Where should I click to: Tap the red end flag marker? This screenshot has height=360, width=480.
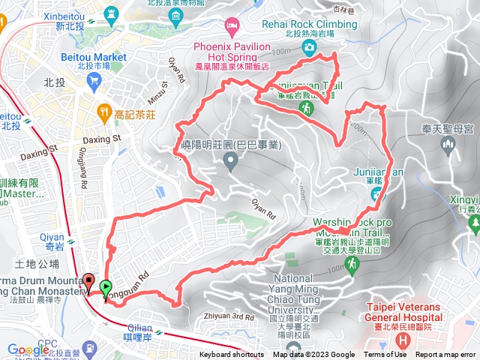click(88, 283)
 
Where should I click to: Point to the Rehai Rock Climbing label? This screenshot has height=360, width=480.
click(309, 23)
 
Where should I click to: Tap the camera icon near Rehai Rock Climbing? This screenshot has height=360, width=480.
click(309, 47)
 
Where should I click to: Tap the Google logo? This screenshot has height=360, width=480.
click(28, 349)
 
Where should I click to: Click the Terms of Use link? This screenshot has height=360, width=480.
click(385, 355)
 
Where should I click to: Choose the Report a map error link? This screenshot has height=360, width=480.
click(446, 355)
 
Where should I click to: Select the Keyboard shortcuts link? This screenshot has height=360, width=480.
click(231, 355)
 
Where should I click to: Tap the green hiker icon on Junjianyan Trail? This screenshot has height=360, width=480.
click(307, 109)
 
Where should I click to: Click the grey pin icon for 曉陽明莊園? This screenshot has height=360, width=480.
click(230, 159)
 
